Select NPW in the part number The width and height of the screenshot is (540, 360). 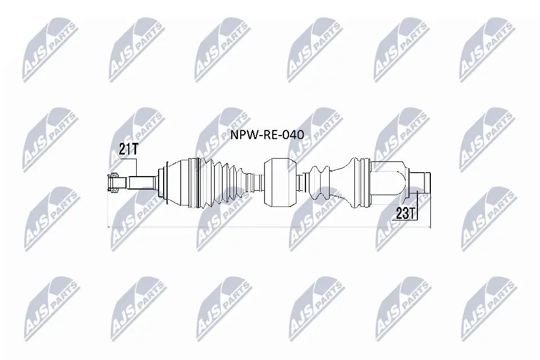[240, 135]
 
